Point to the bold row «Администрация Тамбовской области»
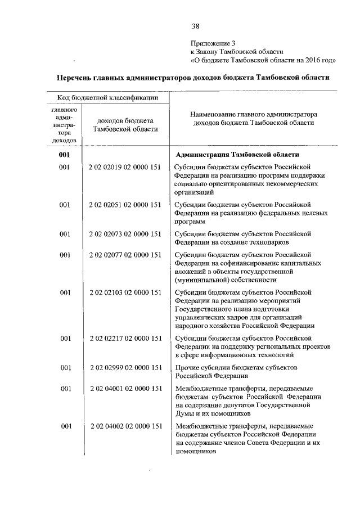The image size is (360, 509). [x=237, y=154]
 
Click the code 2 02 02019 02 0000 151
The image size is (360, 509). [x=125, y=167]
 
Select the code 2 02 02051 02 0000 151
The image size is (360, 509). [x=125, y=205]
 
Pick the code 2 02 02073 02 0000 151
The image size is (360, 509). [x=125, y=233]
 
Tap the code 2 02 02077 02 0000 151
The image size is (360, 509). [x=125, y=255]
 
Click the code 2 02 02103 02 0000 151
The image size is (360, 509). [x=125, y=292]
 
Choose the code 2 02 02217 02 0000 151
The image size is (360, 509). [x=125, y=338]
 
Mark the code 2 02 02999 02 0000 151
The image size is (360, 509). [x=125, y=367]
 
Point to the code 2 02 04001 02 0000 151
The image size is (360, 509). [x=125, y=389]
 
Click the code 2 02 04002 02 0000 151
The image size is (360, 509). [x=125, y=426]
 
